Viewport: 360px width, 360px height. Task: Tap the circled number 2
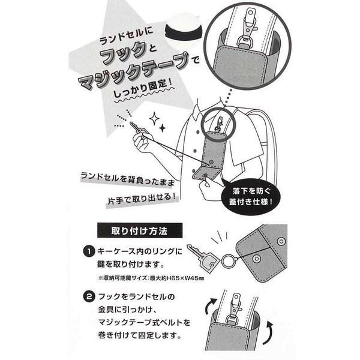pyautogui.click(x=89, y=297)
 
